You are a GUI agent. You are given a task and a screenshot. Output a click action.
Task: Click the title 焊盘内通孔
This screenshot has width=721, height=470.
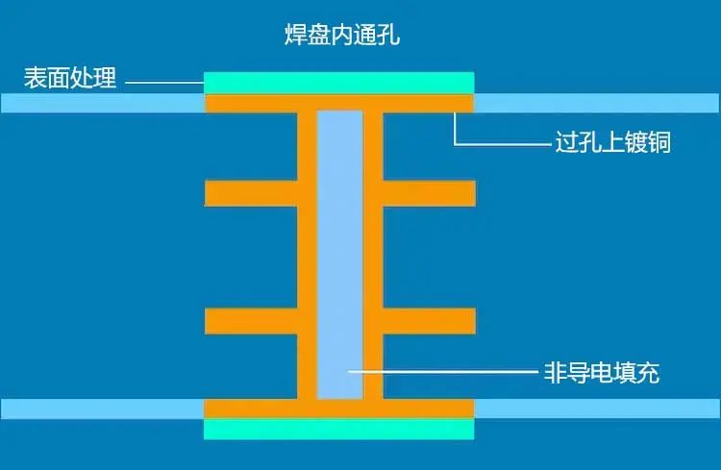coord(342,34)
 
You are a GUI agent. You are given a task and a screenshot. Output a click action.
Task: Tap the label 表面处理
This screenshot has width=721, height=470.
coord(70,77)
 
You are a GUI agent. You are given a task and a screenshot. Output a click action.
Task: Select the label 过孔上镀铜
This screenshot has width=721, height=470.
coord(613,141)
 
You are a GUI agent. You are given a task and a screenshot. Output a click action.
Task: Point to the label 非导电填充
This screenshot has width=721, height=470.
coord(602,373)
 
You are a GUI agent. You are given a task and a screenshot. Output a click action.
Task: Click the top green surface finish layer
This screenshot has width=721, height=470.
coord(339,83)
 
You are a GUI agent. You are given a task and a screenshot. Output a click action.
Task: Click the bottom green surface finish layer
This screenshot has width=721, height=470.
coord(339,429)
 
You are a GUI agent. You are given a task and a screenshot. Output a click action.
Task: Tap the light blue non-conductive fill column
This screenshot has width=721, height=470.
coord(339,255)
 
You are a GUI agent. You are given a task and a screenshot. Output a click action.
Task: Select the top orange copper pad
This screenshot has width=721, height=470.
coord(339,103)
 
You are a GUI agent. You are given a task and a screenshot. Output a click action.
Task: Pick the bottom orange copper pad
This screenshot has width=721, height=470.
coord(339,408)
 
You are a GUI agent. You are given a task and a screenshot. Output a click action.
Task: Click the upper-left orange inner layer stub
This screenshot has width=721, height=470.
coord(251,193)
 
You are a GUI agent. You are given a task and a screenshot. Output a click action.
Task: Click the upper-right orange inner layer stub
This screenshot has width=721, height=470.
coord(429,193)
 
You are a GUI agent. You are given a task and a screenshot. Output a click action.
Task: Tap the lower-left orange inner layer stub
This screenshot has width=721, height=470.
coord(251,321)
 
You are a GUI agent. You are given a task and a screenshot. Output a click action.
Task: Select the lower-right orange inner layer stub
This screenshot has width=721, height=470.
coord(429,321)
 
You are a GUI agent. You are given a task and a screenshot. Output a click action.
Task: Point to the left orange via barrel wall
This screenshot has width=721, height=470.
coord(308,255)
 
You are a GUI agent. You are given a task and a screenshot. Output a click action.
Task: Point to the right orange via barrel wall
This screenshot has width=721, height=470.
coord(373,255)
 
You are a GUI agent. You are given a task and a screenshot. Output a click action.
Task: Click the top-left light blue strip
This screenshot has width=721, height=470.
coord(102,103)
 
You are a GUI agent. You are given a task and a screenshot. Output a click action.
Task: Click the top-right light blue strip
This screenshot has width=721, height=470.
coord(597,103)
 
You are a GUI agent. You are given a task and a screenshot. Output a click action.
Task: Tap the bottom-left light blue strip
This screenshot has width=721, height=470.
coord(102,408)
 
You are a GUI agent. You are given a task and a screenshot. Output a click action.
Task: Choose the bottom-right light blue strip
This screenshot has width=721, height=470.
coord(597,408)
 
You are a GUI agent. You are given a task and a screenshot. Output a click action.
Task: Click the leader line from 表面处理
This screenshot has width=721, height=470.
coord(164,83)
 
